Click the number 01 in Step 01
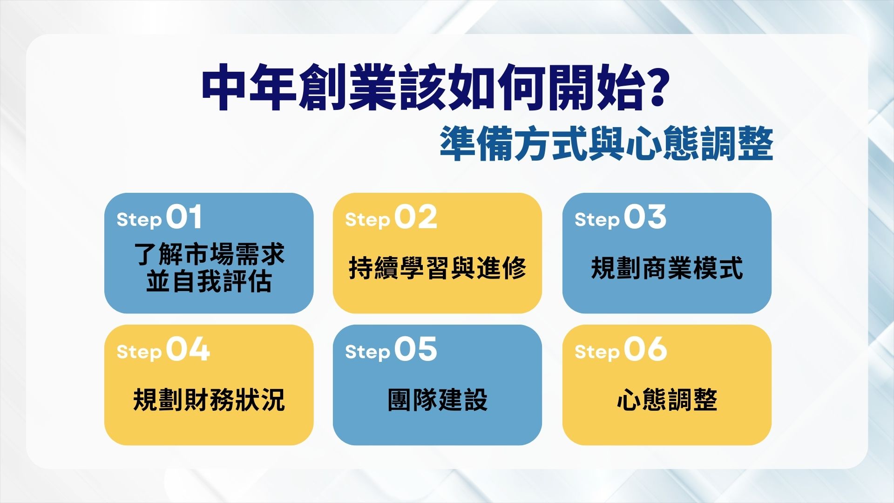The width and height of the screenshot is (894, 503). coord(184,218)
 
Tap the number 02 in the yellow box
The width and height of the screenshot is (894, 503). coord(416,218)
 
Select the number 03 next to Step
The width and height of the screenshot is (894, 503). coord(645,218)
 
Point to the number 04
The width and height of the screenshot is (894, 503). coord(188,349)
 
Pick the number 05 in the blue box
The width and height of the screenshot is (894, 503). coord(416,349)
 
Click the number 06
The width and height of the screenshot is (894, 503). coord(645,349)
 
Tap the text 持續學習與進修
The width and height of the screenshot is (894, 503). coord(437,268)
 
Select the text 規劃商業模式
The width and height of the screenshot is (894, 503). coord(667,268)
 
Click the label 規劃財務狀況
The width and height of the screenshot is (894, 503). coord(209,400)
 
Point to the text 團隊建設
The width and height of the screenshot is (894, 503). coord(437,400)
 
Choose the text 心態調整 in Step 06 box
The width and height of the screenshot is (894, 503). coord(667,400)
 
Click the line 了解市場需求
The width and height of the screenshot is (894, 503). coord(209,254)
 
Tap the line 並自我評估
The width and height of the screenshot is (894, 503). coord(209,282)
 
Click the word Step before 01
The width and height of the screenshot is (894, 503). coord(139,219)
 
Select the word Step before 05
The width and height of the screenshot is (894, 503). coord(367,352)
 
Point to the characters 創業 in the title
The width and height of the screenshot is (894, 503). coord(347,89)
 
